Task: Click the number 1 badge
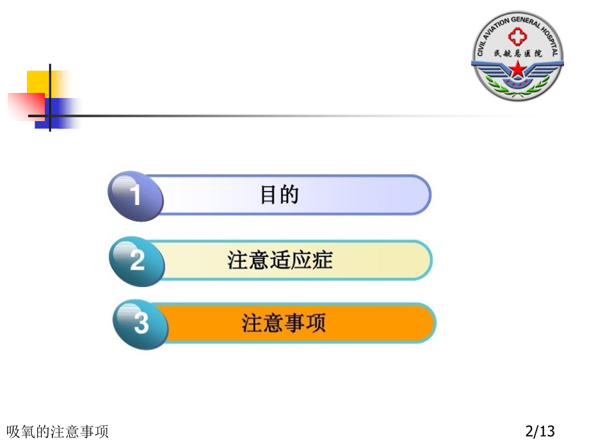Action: pyautogui.click(x=135, y=195)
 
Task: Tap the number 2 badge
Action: pyautogui.click(x=137, y=261)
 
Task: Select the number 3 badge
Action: pyautogui.click(x=141, y=323)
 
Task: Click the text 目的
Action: pyautogui.click(x=280, y=195)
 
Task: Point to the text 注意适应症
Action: pyautogui.click(x=280, y=261)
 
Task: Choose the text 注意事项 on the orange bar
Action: pyautogui.click(x=284, y=322)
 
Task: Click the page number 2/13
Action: pyautogui.click(x=540, y=431)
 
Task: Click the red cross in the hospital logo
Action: pyautogui.click(x=517, y=38)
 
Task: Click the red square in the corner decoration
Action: pyautogui.click(x=24, y=107)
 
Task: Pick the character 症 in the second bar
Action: pyautogui.click(x=323, y=261)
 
